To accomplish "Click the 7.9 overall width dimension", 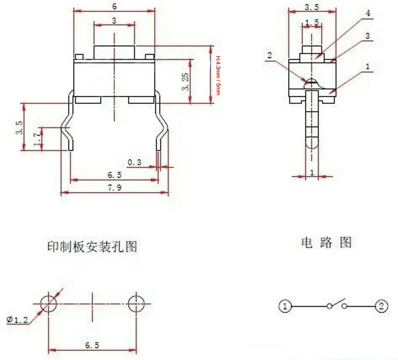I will tap(114, 188).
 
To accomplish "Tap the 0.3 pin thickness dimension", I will tap(135, 162).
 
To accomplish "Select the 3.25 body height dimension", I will tap(185, 82).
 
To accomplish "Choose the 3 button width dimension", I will tap(114, 21).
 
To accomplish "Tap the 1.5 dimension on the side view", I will tap(312, 23).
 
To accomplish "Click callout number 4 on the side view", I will tap(368, 13).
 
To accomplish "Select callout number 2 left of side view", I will tap(269, 56).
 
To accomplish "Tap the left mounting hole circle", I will tap(49, 304).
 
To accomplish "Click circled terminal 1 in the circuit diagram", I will tap(285, 306).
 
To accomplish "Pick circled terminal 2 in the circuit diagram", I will tap(381, 306).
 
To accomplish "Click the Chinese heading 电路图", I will tap(326, 242).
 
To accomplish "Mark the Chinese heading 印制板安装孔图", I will tap(92, 246).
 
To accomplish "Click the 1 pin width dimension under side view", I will tap(312, 172).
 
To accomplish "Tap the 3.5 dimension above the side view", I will tap(312, 7).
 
